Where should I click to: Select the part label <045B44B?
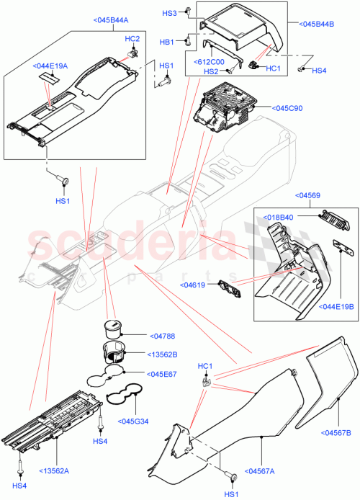(315, 24)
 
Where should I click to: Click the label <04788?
(163, 335)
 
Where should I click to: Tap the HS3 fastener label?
(169, 13)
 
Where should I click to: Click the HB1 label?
(168, 42)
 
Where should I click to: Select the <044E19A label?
(50, 66)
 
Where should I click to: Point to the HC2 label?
(132, 37)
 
